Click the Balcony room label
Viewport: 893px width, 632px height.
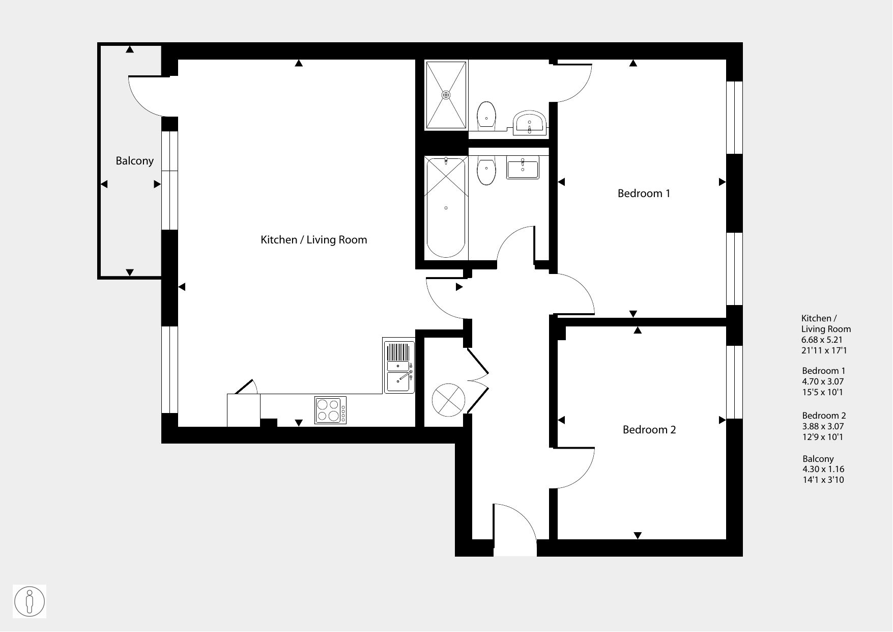pyautogui.click(x=134, y=161)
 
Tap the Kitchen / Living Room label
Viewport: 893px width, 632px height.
pyautogui.click(x=313, y=240)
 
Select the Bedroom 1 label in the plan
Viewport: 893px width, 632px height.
pyautogui.click(x=644, y=194)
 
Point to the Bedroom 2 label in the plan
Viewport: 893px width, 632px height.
pyautogui.click(x=649, y=430)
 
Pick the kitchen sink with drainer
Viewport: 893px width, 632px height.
pyautogui.click(x=399, y=366)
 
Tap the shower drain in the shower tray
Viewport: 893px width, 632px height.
pyautogui.click(x=446, y=95)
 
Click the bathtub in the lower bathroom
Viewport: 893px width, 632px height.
pyautogui.click(x=446, y=208)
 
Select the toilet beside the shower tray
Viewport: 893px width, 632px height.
pyautogui.click(x=487, y=116)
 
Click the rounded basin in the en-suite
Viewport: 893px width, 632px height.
pyautogui.click(x=530, y=122)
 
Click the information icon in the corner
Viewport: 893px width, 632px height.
pyautogui.click(x=30, y=601)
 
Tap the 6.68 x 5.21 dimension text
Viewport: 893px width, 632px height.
pyautogui.click(x=822, y=340)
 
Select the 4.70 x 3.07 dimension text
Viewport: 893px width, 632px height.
pyautogui.click(x=823, y=381)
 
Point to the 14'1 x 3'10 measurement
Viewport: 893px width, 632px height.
pyautogui.click(x=823, y=480)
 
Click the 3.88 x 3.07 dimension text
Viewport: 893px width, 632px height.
pyautogui.click(x=823, y=426)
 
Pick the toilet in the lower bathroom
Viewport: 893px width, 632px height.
pyautogui.click(x=487, y=171)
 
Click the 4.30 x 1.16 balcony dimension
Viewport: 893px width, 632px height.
pyautogui.click(x=823, y=469)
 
